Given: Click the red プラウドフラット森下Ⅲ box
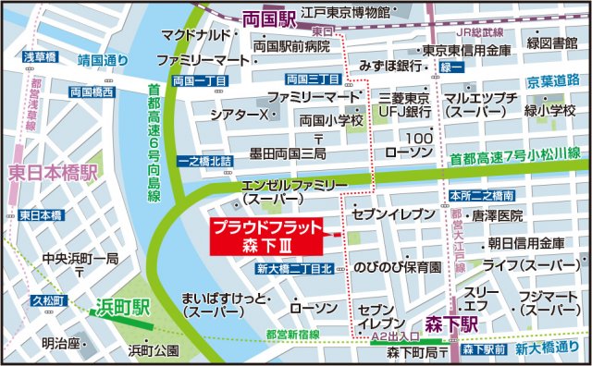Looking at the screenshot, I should (265, 235).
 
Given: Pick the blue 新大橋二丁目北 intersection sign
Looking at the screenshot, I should (294, 269).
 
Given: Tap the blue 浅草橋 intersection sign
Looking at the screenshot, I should (40, 57).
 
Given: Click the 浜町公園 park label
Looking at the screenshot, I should (154, 350).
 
